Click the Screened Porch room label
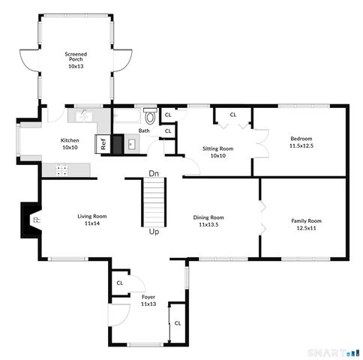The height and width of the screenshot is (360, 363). (x=76, y=60)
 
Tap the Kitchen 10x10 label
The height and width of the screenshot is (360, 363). (x=70, y=143)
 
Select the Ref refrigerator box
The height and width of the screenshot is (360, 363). (x=102, y=144)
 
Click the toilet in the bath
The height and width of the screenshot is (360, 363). (x=149, y=117)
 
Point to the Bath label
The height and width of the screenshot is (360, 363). (x=143, y=131)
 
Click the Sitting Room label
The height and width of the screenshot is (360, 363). (x=217, y=151)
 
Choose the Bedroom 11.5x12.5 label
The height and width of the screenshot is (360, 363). (x=301, y=142)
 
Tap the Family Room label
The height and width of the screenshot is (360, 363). (x=306, y=224)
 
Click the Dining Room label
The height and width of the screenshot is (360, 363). (x=211, y=220)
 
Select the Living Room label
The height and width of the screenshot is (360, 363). (x=91, y=220)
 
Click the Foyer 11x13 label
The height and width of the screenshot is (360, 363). (x=148, y=301)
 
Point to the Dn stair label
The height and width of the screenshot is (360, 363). (x=153, y=173)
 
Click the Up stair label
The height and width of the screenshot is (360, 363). (x=154, y=232)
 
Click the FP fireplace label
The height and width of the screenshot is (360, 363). (x=35, y=219)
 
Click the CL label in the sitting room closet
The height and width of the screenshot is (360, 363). (x=232, y=115)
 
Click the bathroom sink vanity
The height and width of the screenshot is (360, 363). (x=130, y=144)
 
